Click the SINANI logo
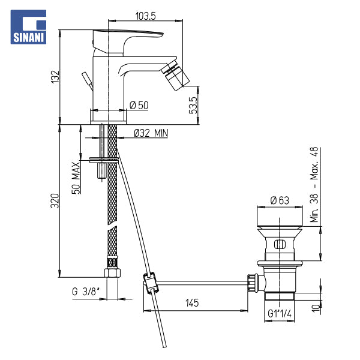pyautogui.click(x=28, y=27)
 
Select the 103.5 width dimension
pyautogui.click(x=146, y=16)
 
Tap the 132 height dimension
pyautogui.click(x=55, y=77)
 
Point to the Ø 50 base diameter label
pyautogui.click(x=139, y=106)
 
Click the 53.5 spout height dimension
pyautogui.click(x=193, y=106)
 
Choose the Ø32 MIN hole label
pyautogui.click(x=151, y=133)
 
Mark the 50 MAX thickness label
pyautogui.click(x=76, y=178)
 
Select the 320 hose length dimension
pyautogui.click(x=55, y=201)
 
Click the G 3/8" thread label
pyautogui.click(x=86, y=292)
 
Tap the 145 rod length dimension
pyautogui.click(x=192, y=303)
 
